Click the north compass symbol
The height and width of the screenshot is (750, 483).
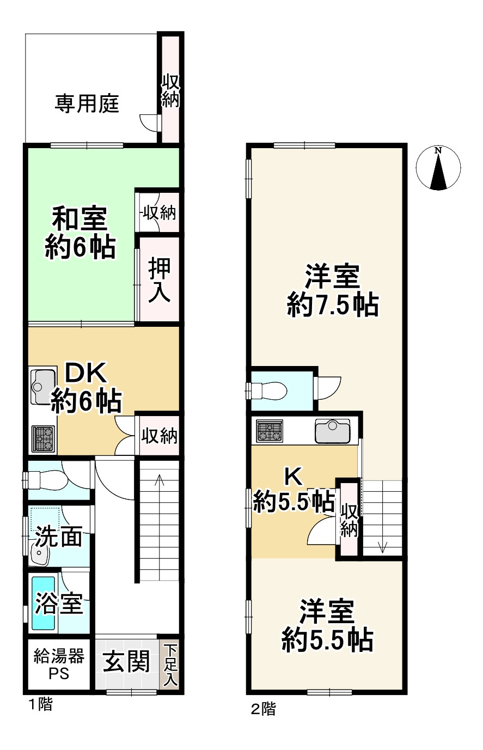(x=438, y=168)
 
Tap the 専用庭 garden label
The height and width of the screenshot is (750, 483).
(x=87, y=103)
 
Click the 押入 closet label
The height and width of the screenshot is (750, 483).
(x=160, y=281)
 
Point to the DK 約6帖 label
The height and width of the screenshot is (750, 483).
(x=85, y=388)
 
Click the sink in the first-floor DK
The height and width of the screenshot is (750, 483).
(x=43, y=386)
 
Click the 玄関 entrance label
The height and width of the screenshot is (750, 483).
(x=126, y=663)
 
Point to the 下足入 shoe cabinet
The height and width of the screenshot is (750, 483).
(x=171, y=664)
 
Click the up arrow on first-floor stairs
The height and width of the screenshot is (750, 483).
(x=160, y=483)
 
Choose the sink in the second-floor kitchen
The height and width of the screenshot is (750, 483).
(x=333, y=431)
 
